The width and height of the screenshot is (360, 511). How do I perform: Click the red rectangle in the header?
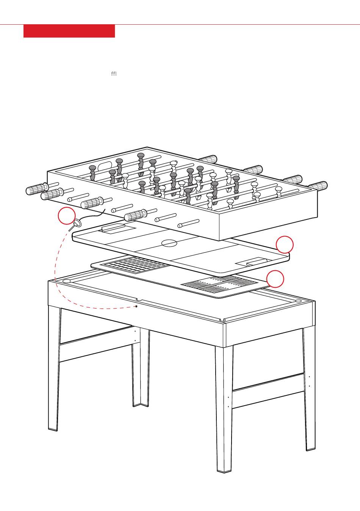click(69, 31)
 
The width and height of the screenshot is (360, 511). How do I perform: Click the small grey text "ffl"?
click(114, 74)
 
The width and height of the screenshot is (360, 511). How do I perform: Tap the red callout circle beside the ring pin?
click(67, 216)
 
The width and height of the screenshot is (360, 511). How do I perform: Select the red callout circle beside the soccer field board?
click(285, 245)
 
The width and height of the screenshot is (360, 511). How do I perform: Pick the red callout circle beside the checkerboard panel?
click(275, 279)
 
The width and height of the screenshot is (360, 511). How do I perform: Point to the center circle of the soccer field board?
click(169, 243)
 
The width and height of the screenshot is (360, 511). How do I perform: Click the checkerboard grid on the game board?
click(135, 265)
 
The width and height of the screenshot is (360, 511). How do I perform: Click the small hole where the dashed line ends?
click(136, 306)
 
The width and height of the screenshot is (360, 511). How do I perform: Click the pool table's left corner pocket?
click(67, 281)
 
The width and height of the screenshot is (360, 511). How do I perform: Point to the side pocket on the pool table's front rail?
click(139, 300)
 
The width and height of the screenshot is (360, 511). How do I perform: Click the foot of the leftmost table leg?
click(53, 429)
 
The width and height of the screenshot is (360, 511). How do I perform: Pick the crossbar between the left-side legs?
click(96, 345)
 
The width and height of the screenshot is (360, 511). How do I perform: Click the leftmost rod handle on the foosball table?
click(37, 189)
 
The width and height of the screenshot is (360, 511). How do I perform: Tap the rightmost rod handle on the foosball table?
click(319, 185)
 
